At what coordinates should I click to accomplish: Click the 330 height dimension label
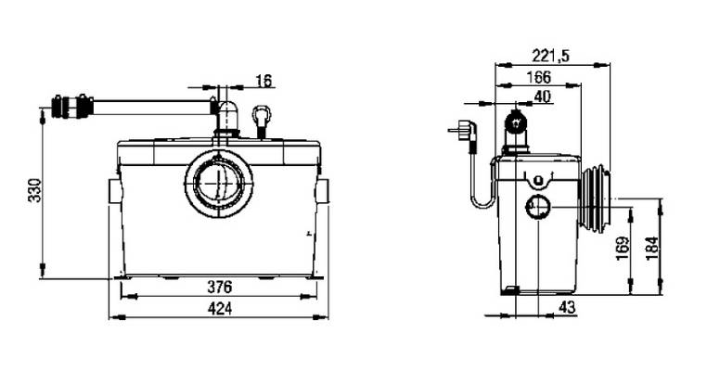click(x=35, y=190)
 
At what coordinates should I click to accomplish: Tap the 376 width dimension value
click(x=220, y=287)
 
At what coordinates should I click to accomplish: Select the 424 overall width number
click(x=220, y=309)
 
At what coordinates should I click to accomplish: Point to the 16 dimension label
click(x=264, y=81)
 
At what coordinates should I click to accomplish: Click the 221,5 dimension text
click(x=551, y=56)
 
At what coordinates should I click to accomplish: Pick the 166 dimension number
click(x=539, y=77)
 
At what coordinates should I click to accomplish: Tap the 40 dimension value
click(x=543, y=96)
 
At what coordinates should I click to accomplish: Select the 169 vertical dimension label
click(x=623, y=249)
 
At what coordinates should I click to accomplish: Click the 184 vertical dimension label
click(x=652, y=249)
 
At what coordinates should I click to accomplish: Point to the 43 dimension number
click(x=567, y=307)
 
